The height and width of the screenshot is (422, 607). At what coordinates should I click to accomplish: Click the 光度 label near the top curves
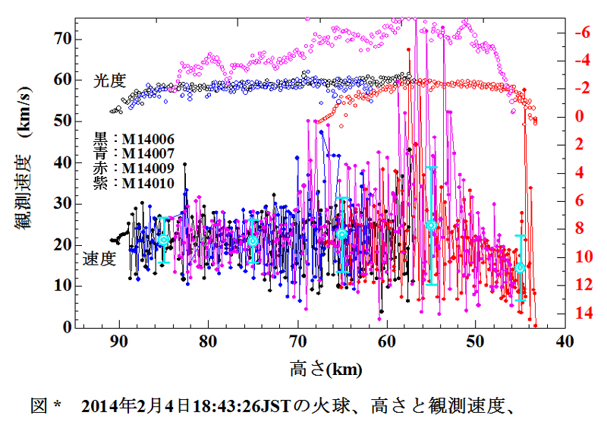point(109,80)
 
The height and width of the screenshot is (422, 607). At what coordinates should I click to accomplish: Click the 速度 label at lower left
point(99,259)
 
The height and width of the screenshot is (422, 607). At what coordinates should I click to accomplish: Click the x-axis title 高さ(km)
point(326,370)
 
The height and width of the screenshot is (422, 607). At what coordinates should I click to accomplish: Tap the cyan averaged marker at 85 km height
point(163,240)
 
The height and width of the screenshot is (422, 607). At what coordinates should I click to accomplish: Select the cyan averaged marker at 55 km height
point(431,225)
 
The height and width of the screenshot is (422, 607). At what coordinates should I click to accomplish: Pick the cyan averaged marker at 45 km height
point(520,267)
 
